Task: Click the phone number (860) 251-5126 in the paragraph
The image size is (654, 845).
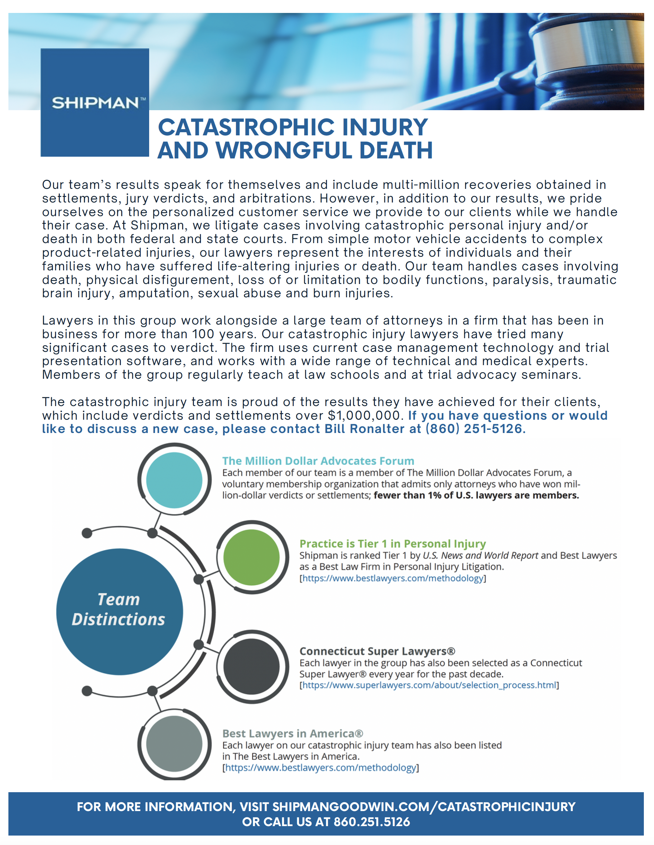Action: pyautogui.click(x=474, y=429)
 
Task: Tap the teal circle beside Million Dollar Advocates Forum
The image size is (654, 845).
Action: pyautogui.click(x=174, y=480)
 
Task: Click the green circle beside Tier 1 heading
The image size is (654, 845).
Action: pyautogui.click(x=251, y=558)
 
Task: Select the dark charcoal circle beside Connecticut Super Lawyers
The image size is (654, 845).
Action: pyautogui.click(x=251, y=667)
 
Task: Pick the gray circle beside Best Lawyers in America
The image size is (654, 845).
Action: pyautogui.click(x=174, y=744)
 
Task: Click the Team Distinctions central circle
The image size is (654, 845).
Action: pyautogui.click(x=119, y=609)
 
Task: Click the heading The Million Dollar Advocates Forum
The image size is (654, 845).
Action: pyautogui.click(x=318, y=461)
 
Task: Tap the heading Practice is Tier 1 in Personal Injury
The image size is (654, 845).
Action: pyautogui.click(x=392, y=544)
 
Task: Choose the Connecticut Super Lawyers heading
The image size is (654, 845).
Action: pyautogui.click(x=377, y=651)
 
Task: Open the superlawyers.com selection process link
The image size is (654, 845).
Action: pyautogui.click(x=429, y=685)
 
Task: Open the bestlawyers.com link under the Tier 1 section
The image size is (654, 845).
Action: pyautogui.click(x=392, y=578)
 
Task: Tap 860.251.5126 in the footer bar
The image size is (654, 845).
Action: pyautogui.click(x=372, y=822)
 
